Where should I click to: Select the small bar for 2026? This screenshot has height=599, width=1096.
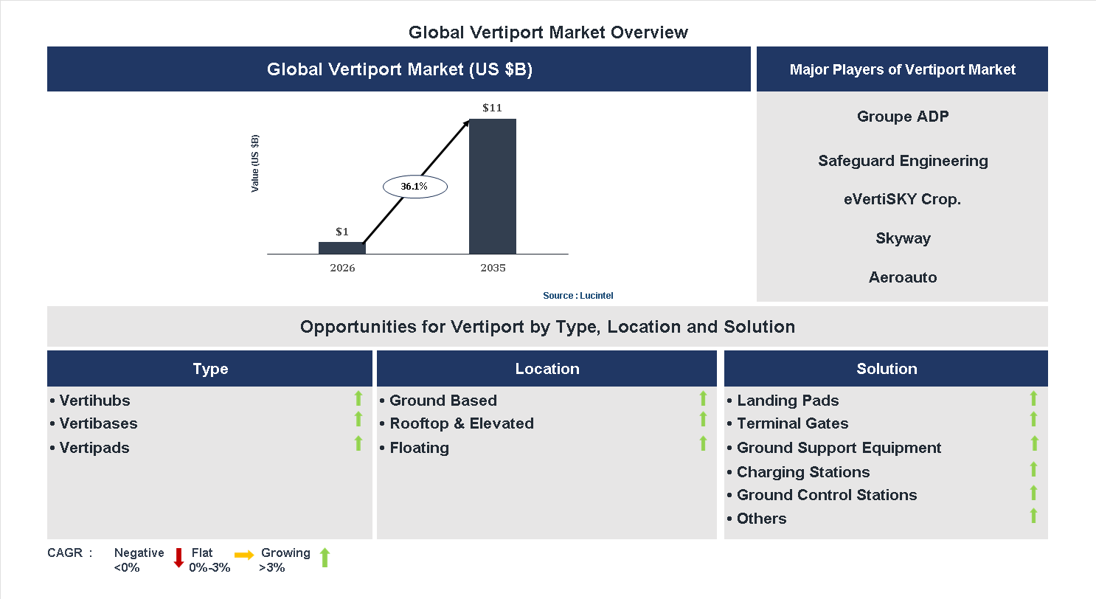click(x=341, y=248)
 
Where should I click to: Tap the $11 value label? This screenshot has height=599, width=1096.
click(x=492, y=108)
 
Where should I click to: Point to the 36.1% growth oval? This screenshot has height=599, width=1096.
click(x=415, y=187)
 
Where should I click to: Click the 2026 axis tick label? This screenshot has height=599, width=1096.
click(x=342, y=268)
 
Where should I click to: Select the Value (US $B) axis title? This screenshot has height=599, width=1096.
click(x=255, y=163)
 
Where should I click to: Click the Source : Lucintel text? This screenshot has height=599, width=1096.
click(x=578, y=296)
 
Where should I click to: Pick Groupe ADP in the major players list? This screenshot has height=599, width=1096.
click(x=903, y=117)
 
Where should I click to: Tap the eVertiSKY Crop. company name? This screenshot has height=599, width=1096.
click(x=903, y=199)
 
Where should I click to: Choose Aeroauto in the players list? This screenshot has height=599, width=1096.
click(x=903, y=277)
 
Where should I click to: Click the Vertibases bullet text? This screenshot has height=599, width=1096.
click(x=98, y=423)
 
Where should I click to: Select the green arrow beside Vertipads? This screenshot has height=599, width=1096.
click(x=358, y=443)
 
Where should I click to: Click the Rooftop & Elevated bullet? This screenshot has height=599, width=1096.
click(x=461, y=423)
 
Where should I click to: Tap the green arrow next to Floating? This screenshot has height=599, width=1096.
click(x=703, y=443)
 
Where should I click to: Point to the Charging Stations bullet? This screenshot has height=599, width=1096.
click(x=803, y=472)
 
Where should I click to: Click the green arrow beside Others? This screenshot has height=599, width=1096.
click(x=1033, y=516)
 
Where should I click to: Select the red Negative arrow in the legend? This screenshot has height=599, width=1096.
click(x=178, y=558)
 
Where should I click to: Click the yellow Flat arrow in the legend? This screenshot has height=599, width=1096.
click(x=244, y=555)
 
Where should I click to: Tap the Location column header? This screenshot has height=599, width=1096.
click(x=547, y=369)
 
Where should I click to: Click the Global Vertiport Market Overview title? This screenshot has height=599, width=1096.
click(x=548, y=32)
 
